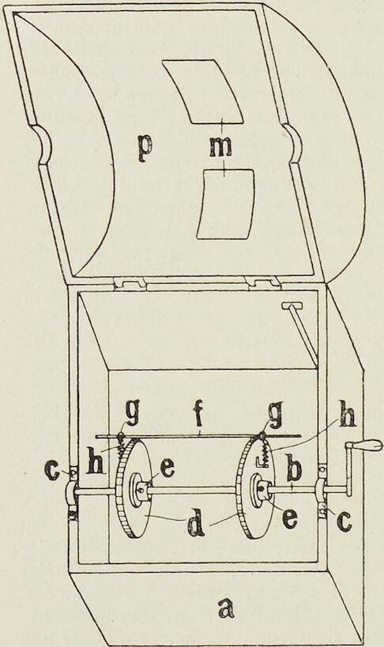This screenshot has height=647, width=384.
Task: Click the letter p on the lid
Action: (x=145, y=149)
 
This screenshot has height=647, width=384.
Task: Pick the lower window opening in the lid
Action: (x=225, y=204)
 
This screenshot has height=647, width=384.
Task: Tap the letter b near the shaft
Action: (x=295, y=469)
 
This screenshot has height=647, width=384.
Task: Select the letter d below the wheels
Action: (x=197, y=522)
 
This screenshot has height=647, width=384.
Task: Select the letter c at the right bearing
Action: (x=343, y=522)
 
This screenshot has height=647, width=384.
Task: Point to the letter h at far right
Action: (x=346, y=419)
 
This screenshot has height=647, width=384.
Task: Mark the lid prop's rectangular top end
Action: (x=292, y=306)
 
